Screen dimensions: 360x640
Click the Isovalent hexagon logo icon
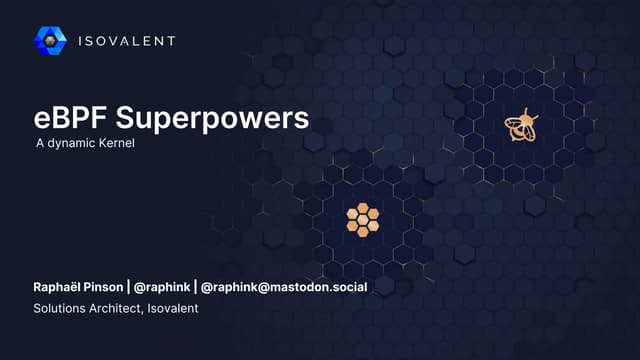click(50, 40)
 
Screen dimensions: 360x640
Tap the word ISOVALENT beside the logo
click(126, 41)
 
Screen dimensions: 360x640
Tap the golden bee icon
click(519, 126)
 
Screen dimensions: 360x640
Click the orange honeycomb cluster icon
click(362, 219)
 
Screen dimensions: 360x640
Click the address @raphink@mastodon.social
click(284, 287)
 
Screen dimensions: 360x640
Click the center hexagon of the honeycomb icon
click(362, 219)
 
